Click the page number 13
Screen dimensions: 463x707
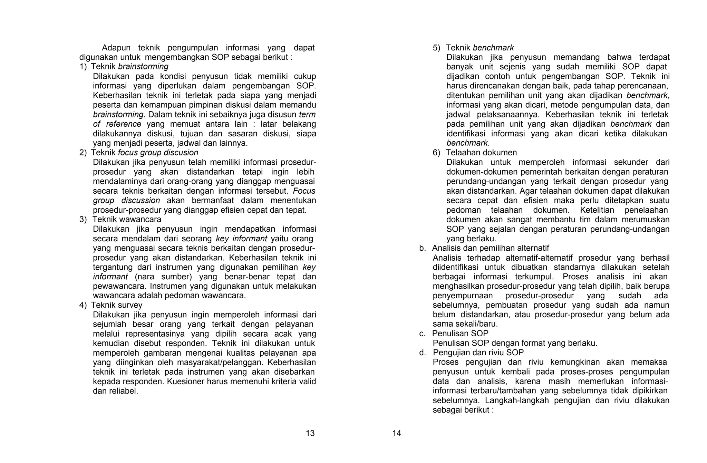(x=310, y=433)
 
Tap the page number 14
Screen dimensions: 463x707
(x=397, y=433)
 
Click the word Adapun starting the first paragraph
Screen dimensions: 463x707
(x=116, y=48)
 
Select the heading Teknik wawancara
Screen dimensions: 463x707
(x=127, y=219)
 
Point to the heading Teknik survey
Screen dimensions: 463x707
(x=117, y=305)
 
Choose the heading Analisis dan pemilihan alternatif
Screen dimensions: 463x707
(x=491, y=248)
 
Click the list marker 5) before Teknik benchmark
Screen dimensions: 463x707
(x=437, y=48)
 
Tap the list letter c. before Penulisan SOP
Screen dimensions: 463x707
(x=422, y=334)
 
